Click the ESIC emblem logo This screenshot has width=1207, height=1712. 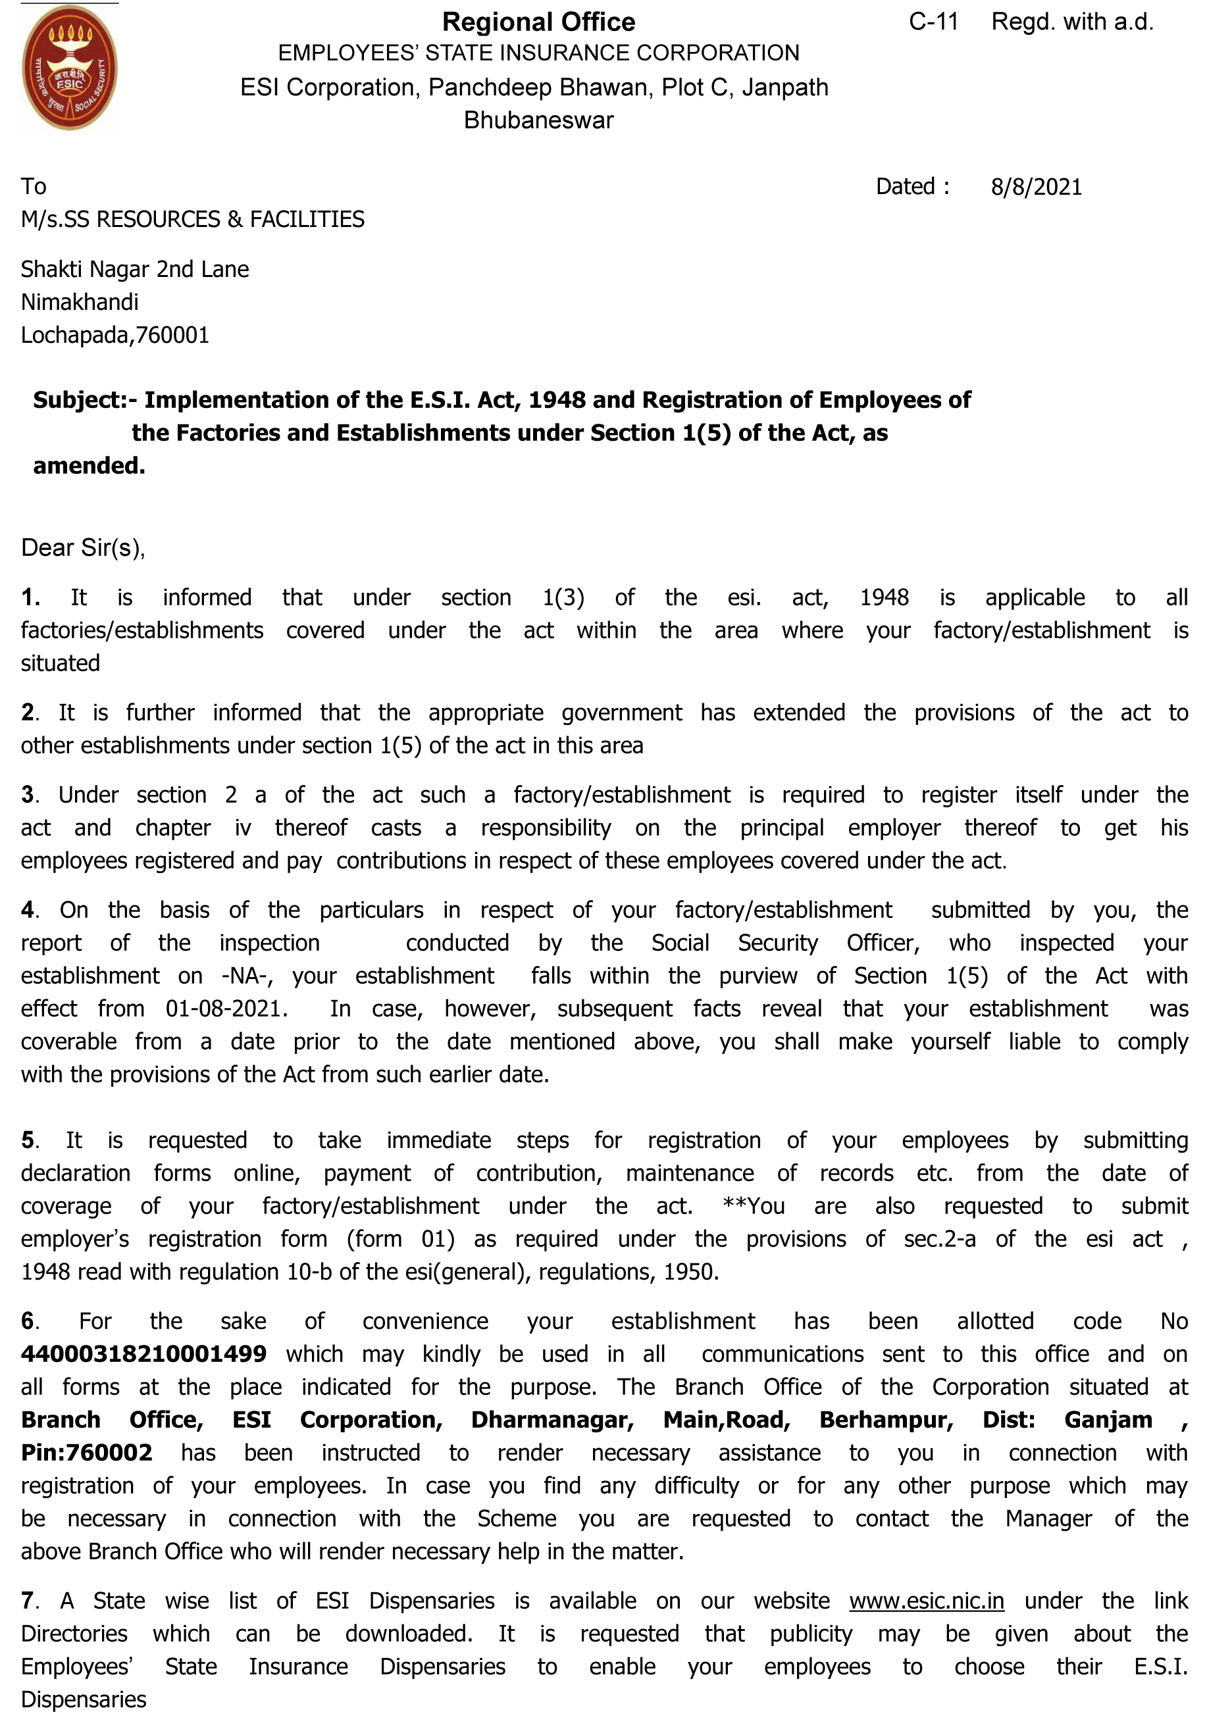(69, 68)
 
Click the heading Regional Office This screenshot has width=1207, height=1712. (538, 22)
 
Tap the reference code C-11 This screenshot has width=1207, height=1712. (933, 22)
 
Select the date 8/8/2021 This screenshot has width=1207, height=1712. (1035, 186)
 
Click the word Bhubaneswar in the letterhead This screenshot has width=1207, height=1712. (538, 120)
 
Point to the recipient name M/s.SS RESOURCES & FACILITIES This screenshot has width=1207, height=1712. (192, 219)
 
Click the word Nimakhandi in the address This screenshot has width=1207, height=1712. (80, 302)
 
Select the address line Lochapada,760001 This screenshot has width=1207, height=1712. (115, 335)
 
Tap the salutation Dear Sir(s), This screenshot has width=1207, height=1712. (83, 547)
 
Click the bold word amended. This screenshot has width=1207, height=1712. (89, 466)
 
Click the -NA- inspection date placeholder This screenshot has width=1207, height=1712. (247, 976)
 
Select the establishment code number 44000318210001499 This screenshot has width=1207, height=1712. (143, 1353)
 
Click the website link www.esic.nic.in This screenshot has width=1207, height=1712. (926, 1601)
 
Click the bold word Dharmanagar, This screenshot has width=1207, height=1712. (552, 1419)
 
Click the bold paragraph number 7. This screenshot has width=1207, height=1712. (28, 1601)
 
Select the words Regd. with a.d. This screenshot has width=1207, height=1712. (1072, 22)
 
